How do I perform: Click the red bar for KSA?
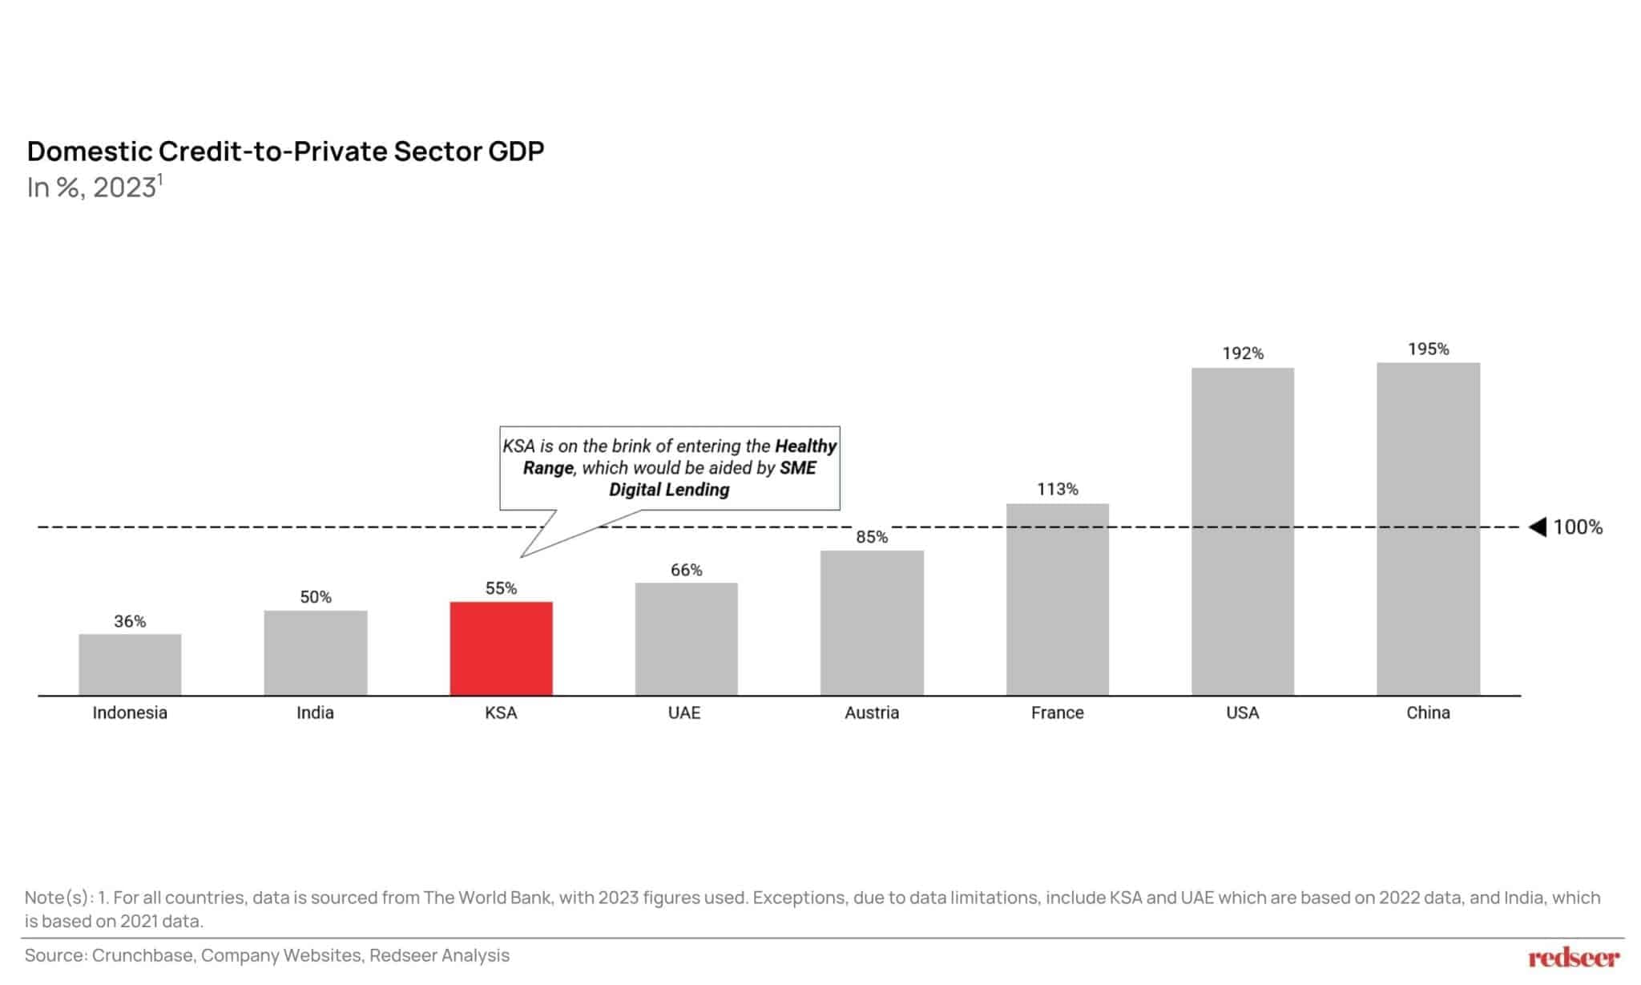click(501, 648)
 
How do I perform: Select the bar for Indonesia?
click(130, 664)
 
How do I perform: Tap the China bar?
click(1428, 529)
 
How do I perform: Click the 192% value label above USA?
click(1242, 353)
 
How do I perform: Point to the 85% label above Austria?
click(871, 537)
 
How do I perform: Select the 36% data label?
click(130, 621)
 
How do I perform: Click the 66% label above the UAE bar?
click(686, 570)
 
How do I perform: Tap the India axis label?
click(315, 713)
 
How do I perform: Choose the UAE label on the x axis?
click(684, 713)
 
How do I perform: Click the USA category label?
click(1242, 713)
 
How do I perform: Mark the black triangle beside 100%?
click(1538, 527)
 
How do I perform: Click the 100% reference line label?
click(1578, 527)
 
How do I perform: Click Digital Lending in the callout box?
click(669, 490)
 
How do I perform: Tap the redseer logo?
click(1574, 957)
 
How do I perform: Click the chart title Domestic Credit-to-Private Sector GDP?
click(285, 151)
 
